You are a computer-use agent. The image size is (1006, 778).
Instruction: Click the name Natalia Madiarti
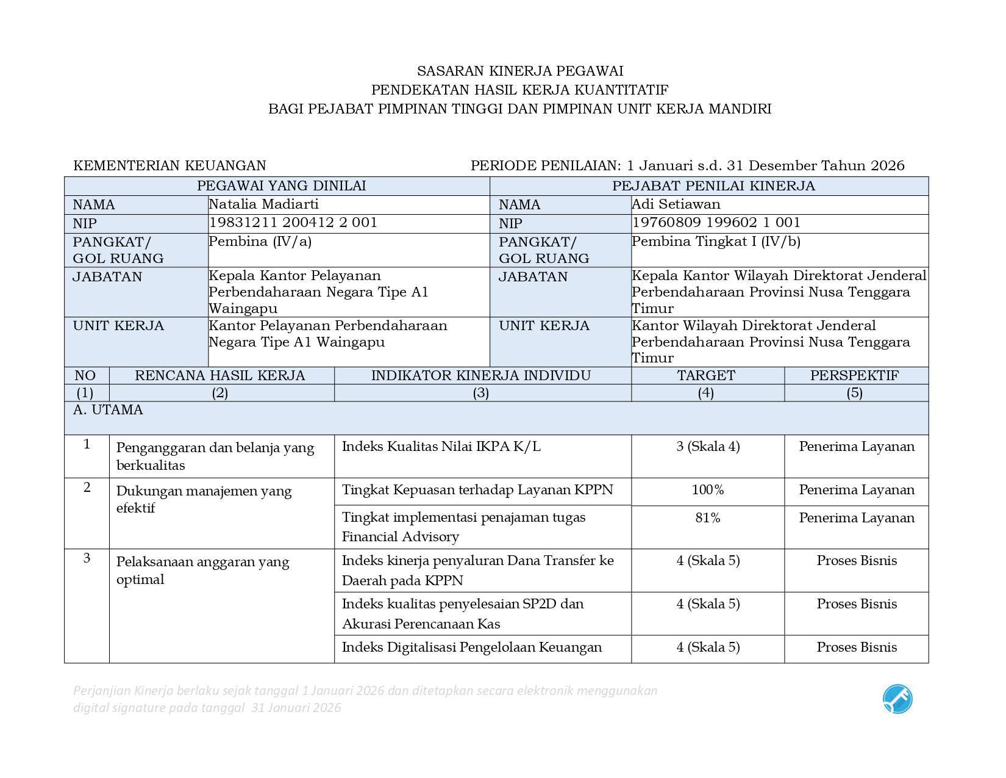pos(263,204)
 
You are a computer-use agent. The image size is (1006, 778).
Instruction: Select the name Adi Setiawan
pos(676,204)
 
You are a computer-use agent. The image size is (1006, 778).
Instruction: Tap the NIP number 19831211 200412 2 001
pos(293,223)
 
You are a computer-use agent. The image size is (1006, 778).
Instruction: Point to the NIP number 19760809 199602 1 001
pos(716,223)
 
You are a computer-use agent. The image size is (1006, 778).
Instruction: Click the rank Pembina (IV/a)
pos(260,242)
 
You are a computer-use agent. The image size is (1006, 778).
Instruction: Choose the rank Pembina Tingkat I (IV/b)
pos(716,242)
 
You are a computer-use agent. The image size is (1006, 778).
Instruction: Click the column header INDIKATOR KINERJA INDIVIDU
pos(481,376)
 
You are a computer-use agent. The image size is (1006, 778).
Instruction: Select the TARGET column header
pos(706,376)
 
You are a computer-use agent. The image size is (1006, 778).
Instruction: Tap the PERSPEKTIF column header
pos(854,376)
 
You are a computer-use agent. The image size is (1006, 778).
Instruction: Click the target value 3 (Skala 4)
pos(708,447)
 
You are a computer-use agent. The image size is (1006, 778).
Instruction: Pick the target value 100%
pos(707,490)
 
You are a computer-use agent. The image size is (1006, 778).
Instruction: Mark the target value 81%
pos(707,518)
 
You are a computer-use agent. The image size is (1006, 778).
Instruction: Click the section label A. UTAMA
pos(108,410)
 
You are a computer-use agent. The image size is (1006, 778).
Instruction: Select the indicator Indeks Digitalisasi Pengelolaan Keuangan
pos(471,647)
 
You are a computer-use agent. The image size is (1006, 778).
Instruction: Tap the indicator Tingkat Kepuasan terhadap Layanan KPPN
pos(477,490)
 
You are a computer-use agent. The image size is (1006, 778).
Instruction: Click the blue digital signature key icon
pos(897,699)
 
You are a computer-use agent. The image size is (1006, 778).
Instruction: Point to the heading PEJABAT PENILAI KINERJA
pos(713,186)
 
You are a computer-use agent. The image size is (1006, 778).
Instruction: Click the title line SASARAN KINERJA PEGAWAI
pos(520,71)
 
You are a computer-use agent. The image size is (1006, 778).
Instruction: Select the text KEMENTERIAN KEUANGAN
pos(169,165)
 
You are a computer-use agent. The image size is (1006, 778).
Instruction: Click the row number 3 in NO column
pos(87,558)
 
